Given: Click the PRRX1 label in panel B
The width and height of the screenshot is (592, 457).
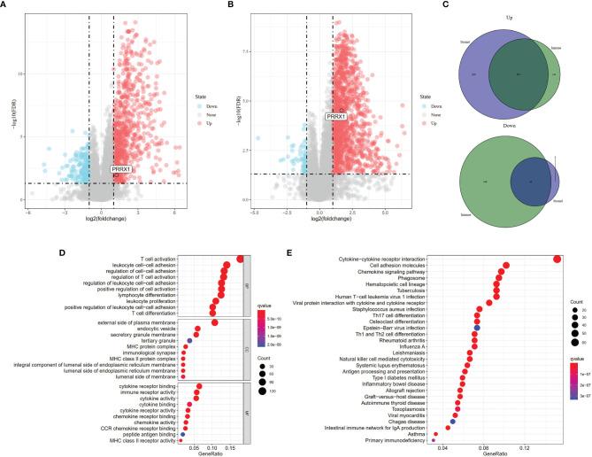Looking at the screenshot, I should [335, 116].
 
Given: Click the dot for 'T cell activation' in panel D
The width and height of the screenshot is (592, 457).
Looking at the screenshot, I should [241, 259].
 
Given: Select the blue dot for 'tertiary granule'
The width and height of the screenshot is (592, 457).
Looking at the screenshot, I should [189, 341].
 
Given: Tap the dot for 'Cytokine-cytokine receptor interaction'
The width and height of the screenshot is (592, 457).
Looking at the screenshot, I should [557, 259].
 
